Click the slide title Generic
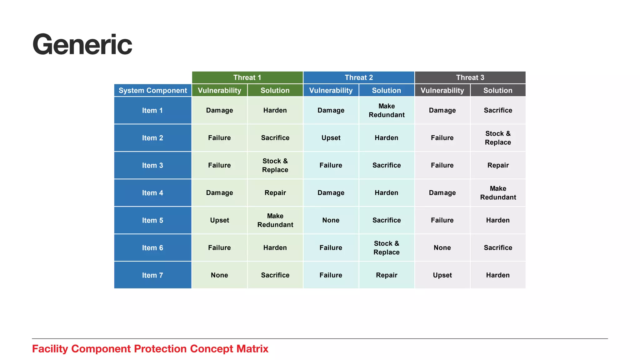point(82,45)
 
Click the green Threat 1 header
point(247,77)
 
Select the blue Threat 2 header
point(359,77)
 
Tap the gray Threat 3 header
point(470,77)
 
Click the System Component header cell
point(153,91)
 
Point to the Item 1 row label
point(152,110)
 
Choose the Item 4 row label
point(152,193)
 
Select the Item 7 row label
point(152,275)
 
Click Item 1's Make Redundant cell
point(387,110)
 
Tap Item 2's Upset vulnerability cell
point(331,138)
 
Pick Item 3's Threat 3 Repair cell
point(498,165)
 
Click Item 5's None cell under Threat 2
point(331,220)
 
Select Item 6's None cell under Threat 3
point(442,248)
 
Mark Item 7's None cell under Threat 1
point(219,275)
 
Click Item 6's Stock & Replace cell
point(387,248)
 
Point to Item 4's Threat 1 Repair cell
point(275,193)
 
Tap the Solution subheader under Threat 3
point(498,91)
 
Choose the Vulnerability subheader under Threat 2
point(331,91)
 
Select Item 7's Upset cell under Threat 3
point(442,275)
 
